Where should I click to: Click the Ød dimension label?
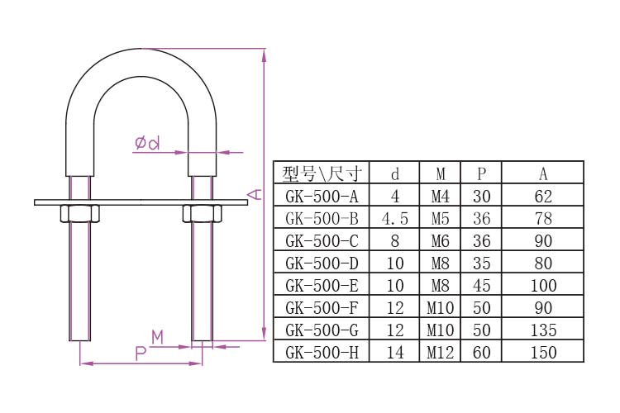click(x=147, y=143)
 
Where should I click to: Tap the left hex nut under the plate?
click(x=79, y=213)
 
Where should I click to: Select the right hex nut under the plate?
click(x=202, y=213)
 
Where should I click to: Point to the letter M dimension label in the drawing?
click(x=157, y=338)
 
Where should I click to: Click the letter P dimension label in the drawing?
click(x=141, y=354)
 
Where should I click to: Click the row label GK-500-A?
click(x=322, y=197)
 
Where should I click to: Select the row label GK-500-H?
click(x=322, y=353)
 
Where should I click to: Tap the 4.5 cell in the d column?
click(x=394, y=219)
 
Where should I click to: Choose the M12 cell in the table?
click(x=441, y=353)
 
